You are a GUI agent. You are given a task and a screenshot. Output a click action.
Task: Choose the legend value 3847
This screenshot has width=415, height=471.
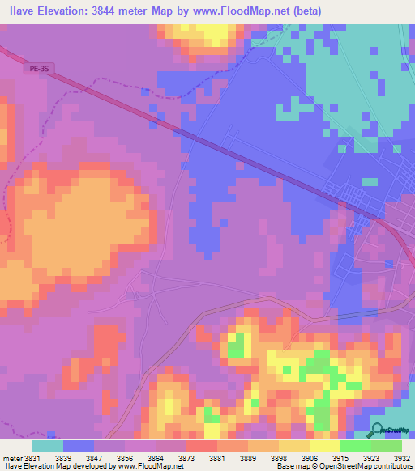(x=108, y=457)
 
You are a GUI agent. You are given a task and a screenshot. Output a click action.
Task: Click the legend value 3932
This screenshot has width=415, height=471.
(x=403, y=457)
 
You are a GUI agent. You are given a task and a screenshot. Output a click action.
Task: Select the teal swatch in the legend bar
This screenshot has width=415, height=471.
(x=48, y=446)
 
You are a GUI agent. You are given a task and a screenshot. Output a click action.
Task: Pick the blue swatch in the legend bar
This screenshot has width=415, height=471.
(x=79, y=446)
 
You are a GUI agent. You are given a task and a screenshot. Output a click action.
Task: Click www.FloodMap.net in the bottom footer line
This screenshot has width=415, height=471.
(x=154, y=466)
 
